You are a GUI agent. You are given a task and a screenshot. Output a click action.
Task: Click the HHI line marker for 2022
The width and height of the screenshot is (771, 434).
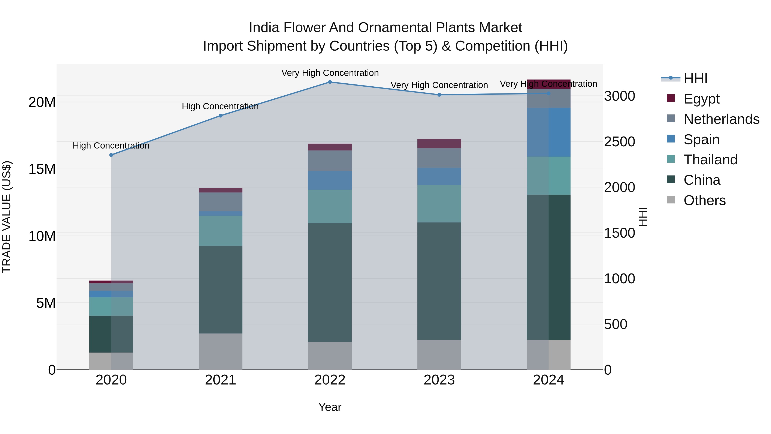click(x=330, y=82)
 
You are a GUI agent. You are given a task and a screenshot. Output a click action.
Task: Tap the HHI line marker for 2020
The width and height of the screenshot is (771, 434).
click(x=111, y=155)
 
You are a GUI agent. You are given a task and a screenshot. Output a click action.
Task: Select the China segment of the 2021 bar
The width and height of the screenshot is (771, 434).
click(x=221, y=290)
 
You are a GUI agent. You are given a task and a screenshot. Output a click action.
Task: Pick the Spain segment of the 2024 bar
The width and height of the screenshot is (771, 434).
click(x=549, y=132)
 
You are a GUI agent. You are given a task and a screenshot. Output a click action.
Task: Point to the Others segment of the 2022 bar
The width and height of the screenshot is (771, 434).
click(x=330, y=356)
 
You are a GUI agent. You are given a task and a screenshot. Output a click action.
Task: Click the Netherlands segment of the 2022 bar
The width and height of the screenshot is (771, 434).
click(x=330, y=161)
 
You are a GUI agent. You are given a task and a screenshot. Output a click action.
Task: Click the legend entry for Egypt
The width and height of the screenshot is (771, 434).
click(x=701, y=99)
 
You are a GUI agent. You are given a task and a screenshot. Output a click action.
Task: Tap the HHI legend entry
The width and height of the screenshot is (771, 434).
click(x=695, y=78)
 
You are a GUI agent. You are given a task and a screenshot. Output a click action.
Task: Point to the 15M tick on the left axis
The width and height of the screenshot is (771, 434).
click(x=42, y=169)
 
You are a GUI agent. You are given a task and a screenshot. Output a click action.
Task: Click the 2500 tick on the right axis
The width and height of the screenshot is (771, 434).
click(x=619, y=142)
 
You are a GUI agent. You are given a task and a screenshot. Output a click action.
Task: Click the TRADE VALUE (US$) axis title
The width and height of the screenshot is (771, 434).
click(x=7, y=217)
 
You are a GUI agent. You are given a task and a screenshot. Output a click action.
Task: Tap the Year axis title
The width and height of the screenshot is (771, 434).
click(x=330, y=407)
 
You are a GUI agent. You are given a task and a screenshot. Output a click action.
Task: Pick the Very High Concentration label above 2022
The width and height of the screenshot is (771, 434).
click(x=330, y=73)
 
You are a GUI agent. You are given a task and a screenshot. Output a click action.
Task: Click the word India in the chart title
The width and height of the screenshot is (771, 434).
click(x=264, y=28)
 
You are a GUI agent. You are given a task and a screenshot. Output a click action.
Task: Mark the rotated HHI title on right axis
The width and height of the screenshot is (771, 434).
click(x=643, y=217)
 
